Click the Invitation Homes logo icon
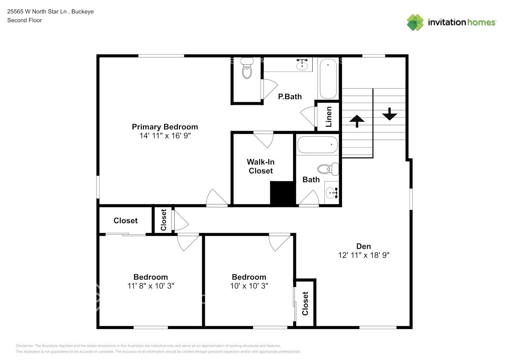[415, 22]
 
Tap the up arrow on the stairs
[357, 121]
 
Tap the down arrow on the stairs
[389, 114]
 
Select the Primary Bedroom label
[165, 127]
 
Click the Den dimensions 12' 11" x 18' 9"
[364, 255]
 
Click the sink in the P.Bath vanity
[302, 66]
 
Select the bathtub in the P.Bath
[328, 78]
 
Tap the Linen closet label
[328, 117]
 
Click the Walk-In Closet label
[261, 166]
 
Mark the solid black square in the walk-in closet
[283, 193]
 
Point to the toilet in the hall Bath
[328, 168]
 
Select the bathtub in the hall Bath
[317, 145]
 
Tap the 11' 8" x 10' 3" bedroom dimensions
[151, 286]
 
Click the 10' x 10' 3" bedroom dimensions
[249, 286]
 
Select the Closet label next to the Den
[305, 303]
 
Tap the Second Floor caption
[24, 20]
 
